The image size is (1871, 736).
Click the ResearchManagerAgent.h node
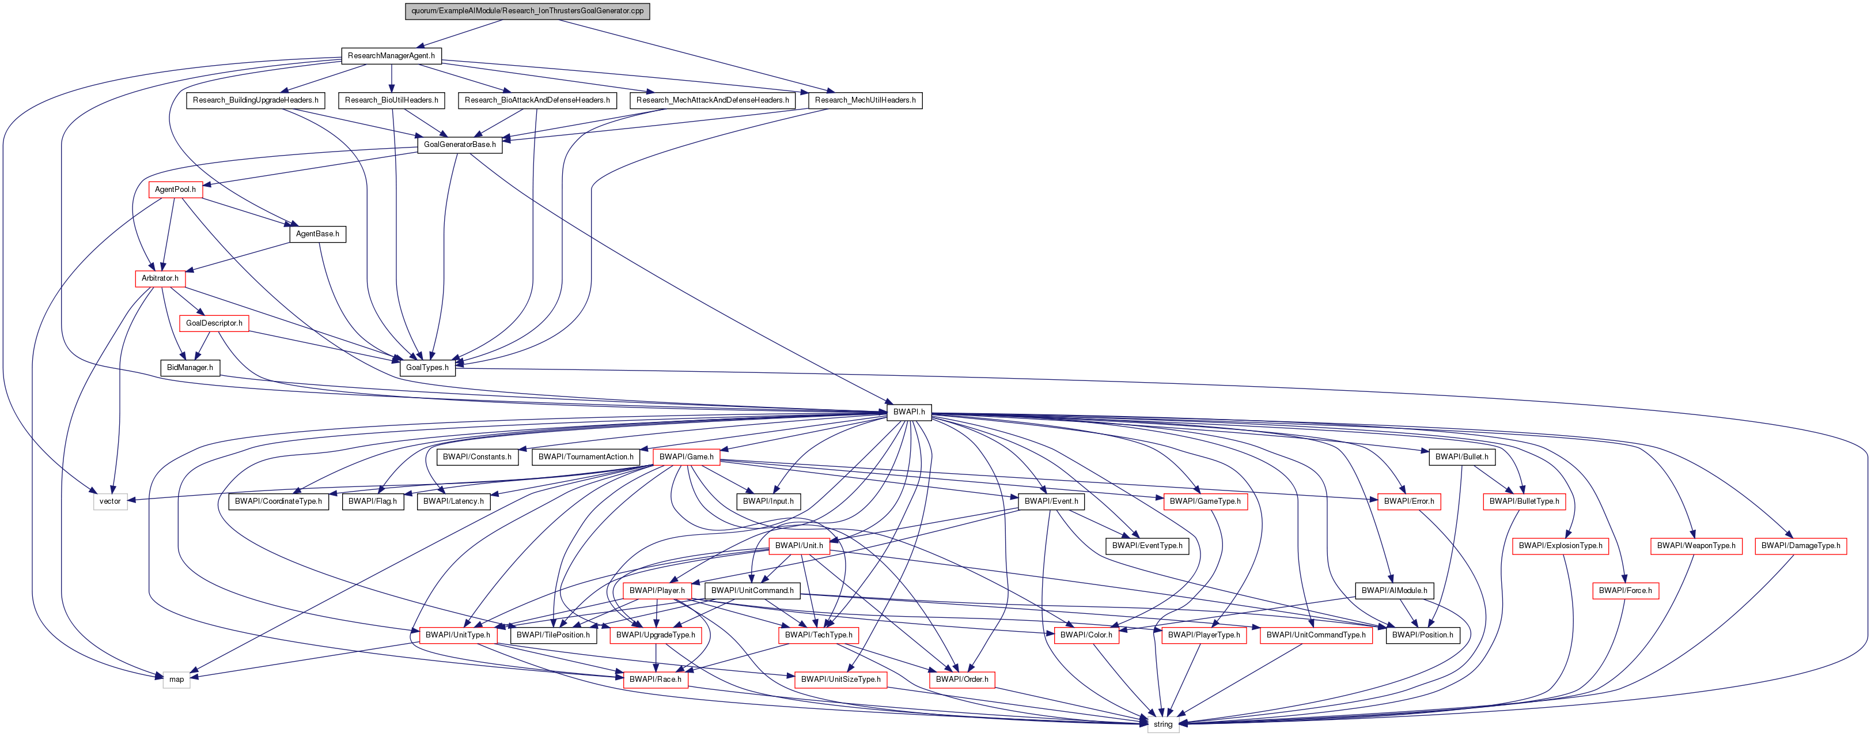(x=391, y=56)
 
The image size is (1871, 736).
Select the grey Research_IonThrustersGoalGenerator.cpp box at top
(x=527, y=11)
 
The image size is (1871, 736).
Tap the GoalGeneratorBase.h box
(x=460, y=145)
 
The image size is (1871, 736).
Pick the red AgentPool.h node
(x=175, y=190)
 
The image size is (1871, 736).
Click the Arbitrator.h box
(x=160, y=278)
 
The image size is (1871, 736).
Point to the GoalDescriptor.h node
(x=214, y=323)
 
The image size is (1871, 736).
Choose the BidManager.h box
(x=190, y=368)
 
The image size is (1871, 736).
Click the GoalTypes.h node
(x=427, y=368)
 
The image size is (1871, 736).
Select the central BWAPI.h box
(x=908, y=412)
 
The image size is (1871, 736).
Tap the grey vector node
(x=111, y=501)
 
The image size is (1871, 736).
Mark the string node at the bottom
(x=1163, y=724)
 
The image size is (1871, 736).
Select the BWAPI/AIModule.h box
(x=1395, y=591)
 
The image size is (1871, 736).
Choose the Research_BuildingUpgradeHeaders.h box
(x=256, y=100)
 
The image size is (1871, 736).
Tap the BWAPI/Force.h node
(x=1626, y=591)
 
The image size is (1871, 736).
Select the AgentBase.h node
(x=317, y=234)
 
